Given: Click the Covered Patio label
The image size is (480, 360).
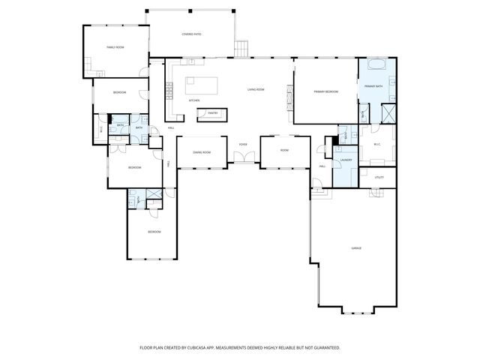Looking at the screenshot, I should pyautogui.click(x=191, y=34).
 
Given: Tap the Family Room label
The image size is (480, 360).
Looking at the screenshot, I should pyautogui.click(x=115, y=47).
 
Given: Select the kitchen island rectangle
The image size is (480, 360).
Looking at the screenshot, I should pyautogui.click(x=199, y=82).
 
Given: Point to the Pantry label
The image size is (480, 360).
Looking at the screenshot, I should pyautogui.click(x=212, y=114).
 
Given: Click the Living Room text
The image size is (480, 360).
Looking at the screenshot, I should pyautogui.click(x=256, y=89).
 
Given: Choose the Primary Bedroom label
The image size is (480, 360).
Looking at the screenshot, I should pyautogui.click(x=325, y=91).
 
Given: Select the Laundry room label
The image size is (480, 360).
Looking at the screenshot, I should pyautogui.click(x=346, y=160).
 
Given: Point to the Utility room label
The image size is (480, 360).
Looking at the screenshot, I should pyautogui.click(x=379, y=177).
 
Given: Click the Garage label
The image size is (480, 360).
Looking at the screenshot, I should pyautogui.click(x=356, y=248).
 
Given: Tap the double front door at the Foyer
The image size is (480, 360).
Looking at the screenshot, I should pyautogui.click(x=242, y=157).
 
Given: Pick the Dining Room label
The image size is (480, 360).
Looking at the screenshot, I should pyautogui.click(x=201, y=152).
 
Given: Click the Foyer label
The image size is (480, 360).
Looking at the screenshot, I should pyautogui.click(x=243, y=144).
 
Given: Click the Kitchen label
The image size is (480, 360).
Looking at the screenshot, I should pyautogui.click(x=193, y=100).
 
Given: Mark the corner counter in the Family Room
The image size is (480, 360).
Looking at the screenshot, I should pyautogui.click(x=97, y=73).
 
